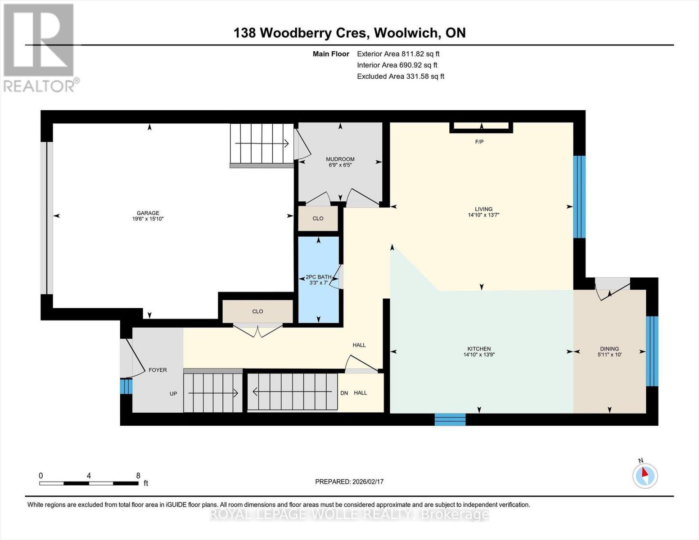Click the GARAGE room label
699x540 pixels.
point(148,213)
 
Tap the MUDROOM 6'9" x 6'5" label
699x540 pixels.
point(340,162)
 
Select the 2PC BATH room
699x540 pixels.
point(318,279)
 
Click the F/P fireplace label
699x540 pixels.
point(479,142)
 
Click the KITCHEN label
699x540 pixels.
point(479,349)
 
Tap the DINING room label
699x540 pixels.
point(609,349)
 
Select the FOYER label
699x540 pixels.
point(158,370)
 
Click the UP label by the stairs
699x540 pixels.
point(173,394)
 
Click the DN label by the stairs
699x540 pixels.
point(344,393)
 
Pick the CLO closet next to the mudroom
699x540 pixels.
point(318,218)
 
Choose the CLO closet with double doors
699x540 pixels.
point(257,311)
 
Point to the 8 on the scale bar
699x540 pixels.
point(138,476)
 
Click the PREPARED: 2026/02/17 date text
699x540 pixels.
point(349,481)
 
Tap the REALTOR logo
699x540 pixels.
point(39,47)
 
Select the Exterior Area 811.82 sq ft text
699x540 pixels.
point(398,54)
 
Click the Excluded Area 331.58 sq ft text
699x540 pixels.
point(400,76)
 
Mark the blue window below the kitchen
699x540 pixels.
point(450,420)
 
